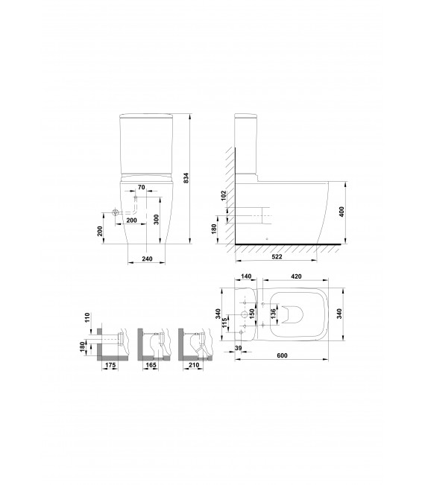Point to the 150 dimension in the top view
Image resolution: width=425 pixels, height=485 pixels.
pos(253,317)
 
